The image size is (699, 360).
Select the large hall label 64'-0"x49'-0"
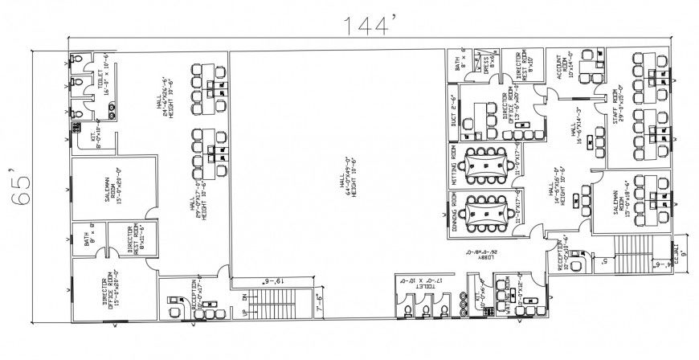347,175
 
